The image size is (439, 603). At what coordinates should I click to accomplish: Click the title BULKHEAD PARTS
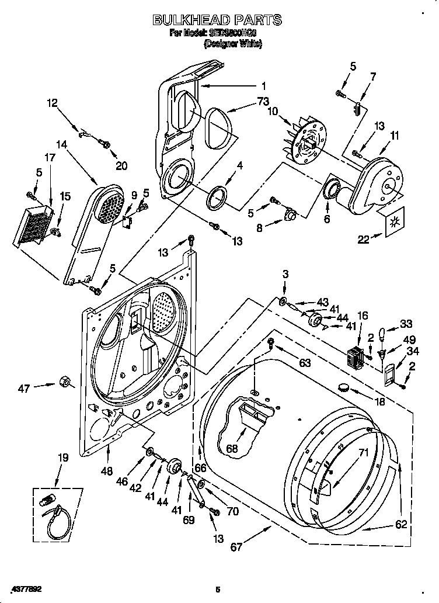(x=217, y=20)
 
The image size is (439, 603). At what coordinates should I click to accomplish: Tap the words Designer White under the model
(x=232, y=44)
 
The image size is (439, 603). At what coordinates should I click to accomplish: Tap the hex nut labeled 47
(x=65, y=383)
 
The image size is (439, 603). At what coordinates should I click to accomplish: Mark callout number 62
(x=400, y=524)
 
